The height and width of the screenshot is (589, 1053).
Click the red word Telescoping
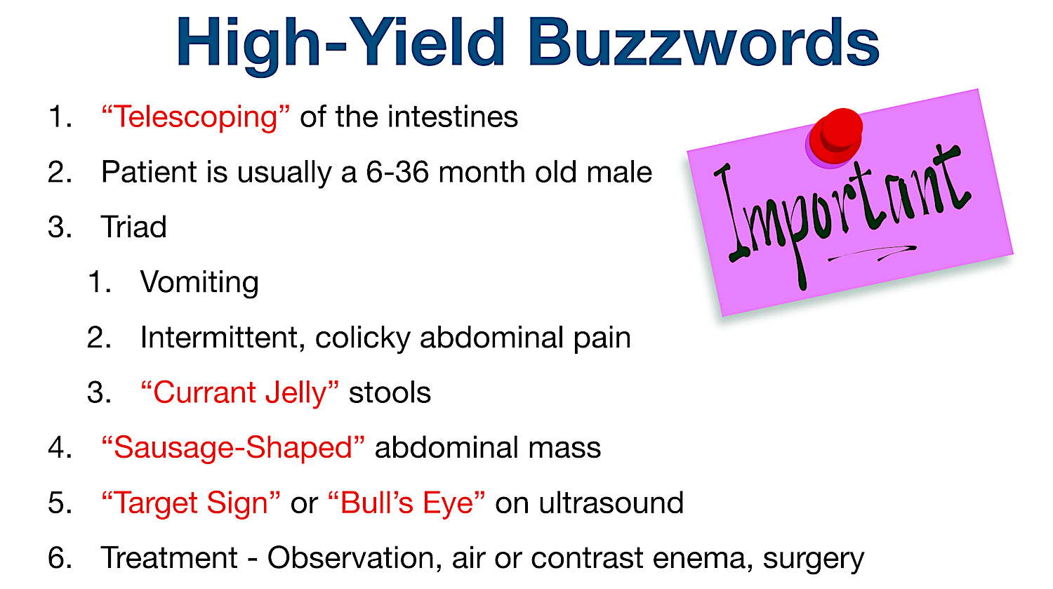tap(195, 117)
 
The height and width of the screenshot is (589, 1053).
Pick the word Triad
tap(134, 227)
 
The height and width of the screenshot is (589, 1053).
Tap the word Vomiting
tap(199, 283)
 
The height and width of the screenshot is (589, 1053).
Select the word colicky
tap(362, 338)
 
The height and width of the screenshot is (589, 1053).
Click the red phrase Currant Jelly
tap(239, 393)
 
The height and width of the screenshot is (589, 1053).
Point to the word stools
tap(390, 393)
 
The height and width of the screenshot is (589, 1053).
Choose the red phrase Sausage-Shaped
tap(232, 448)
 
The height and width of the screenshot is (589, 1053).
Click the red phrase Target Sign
tap(191, 503)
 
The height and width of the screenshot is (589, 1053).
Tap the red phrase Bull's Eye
tap(406, 503)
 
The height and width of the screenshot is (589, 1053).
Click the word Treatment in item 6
tap(169, 558)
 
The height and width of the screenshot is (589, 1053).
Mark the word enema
tap(702, 558)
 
